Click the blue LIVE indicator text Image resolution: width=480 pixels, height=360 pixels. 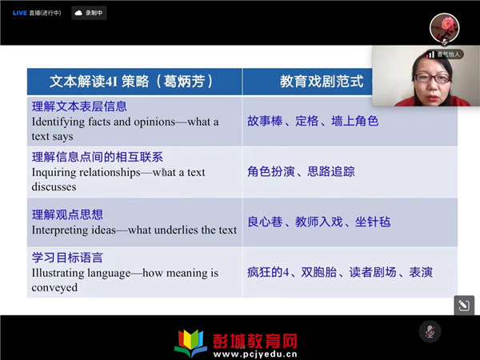(x=19, y=13)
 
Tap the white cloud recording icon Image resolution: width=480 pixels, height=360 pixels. (x=78, y=13)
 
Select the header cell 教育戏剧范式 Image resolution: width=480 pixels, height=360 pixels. (x=322, y=82)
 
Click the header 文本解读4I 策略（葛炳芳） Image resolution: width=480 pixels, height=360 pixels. (x=131, y=82)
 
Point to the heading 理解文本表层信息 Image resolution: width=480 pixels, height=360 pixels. (x=79, y=106)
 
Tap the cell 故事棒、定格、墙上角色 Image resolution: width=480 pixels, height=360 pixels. (x=313, y=122)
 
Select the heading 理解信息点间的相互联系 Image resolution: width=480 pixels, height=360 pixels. (x=98, y=157)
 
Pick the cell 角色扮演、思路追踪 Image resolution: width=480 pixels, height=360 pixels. (x=301, y=171)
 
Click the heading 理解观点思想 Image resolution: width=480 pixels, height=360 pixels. (x=67, y=214)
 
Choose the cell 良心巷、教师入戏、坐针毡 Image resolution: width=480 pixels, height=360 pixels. (x=319, y=222)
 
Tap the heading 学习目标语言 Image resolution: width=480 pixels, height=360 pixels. (x=67, y=258)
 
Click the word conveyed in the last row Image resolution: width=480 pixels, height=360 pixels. (x=54, y=288)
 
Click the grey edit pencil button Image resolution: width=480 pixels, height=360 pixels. (x=464, y=306)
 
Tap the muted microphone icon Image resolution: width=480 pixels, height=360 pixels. (x=430, y=331)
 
